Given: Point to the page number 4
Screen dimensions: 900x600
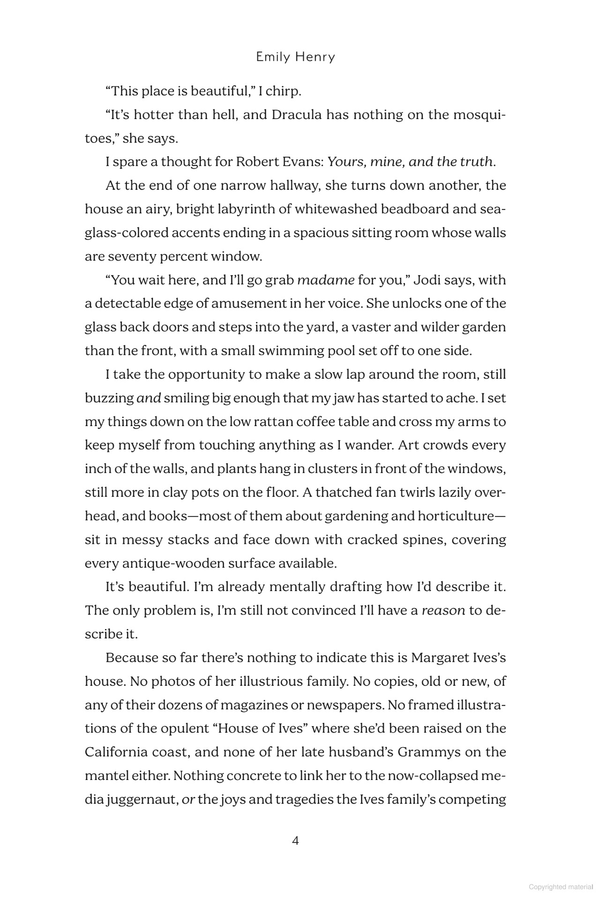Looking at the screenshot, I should (x=295, y=840).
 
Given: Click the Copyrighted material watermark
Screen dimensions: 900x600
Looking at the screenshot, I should (x=561, y=887).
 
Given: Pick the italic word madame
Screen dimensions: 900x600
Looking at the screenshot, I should (x=326, y=280).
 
